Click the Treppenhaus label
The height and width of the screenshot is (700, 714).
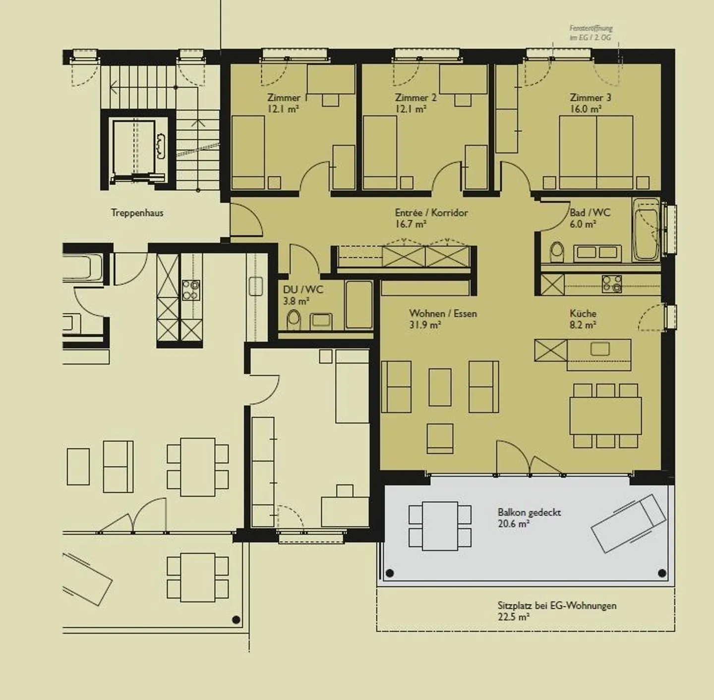137,213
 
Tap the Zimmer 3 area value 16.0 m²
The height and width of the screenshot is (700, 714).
586,109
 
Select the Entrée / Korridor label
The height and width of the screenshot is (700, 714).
431,213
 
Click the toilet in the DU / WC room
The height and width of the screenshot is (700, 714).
294,320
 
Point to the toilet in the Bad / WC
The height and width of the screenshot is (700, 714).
557,251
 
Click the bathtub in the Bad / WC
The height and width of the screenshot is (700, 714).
646,229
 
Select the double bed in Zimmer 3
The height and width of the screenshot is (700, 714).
595,152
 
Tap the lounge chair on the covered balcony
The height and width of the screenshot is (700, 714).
629,523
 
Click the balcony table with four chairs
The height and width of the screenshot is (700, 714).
440,526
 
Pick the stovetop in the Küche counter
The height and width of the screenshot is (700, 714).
612,284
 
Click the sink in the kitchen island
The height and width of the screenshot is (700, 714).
599,349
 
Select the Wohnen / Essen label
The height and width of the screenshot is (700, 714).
443,314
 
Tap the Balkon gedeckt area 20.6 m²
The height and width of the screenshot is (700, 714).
514,524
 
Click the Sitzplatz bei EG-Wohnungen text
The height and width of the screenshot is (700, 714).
557,605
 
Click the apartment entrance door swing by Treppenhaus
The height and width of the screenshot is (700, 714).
246,219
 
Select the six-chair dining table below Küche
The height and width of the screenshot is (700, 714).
605,416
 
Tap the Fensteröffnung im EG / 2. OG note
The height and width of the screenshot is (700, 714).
591,33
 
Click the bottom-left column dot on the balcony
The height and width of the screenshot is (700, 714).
390,573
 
